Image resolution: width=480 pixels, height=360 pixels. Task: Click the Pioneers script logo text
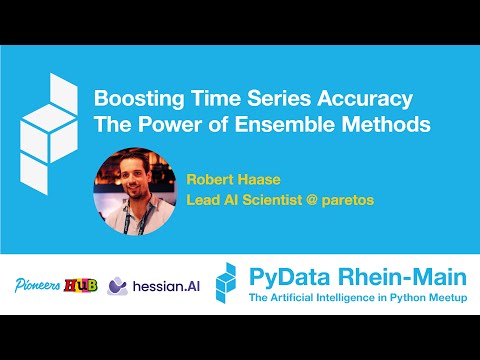click(36, 284)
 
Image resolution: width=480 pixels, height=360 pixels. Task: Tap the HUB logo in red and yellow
click(81, 284)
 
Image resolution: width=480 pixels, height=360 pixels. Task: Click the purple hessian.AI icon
click(116, 285)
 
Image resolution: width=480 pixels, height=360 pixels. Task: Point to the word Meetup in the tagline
click(443, 298)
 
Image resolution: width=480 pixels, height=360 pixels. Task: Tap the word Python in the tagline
click(402, 298)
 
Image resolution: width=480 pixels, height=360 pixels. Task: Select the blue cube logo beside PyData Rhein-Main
click(229, 283)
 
